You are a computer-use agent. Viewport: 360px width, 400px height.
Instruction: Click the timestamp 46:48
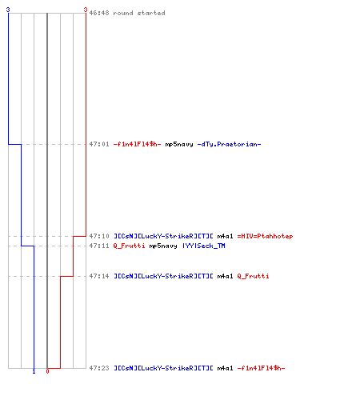tap(99, 13)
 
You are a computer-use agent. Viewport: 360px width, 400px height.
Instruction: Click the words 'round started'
tap(139, 13)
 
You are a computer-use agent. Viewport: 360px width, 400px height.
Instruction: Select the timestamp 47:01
tap(99, 144)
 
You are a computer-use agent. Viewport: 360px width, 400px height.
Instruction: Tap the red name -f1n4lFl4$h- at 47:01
tap(137, 144)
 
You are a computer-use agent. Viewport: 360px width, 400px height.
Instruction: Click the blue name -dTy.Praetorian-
tap(229, 144)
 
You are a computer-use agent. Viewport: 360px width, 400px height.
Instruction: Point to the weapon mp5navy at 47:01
tap(179, 145)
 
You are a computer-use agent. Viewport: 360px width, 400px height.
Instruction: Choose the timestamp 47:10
tap(99, 236)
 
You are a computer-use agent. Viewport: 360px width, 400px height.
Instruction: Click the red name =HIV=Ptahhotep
tap(265, 236)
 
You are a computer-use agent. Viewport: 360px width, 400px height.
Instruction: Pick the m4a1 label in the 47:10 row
tap(225, 236)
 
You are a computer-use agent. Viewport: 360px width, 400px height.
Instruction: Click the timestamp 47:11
tap(99, 246)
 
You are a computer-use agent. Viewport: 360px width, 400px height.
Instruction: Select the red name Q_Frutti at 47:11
tap(129, 246)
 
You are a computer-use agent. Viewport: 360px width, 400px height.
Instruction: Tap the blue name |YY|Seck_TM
tap(204, 246)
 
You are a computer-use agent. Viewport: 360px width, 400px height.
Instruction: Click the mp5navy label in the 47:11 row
tap(163, 246)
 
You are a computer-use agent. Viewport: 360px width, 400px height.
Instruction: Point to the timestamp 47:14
tap(99, 276)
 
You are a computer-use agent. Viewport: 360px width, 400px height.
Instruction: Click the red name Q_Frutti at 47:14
tap(253, 276)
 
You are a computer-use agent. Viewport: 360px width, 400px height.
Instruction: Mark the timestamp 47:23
tap(99, 368)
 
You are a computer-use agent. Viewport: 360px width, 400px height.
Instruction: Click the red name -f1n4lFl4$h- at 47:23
tap(261, 368)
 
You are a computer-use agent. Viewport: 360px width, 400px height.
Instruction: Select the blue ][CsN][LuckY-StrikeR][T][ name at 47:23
tap(163, 368)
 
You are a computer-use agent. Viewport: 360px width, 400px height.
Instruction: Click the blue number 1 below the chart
tap(34, 372)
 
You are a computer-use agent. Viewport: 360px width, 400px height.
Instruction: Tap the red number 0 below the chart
tap(47, 371)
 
